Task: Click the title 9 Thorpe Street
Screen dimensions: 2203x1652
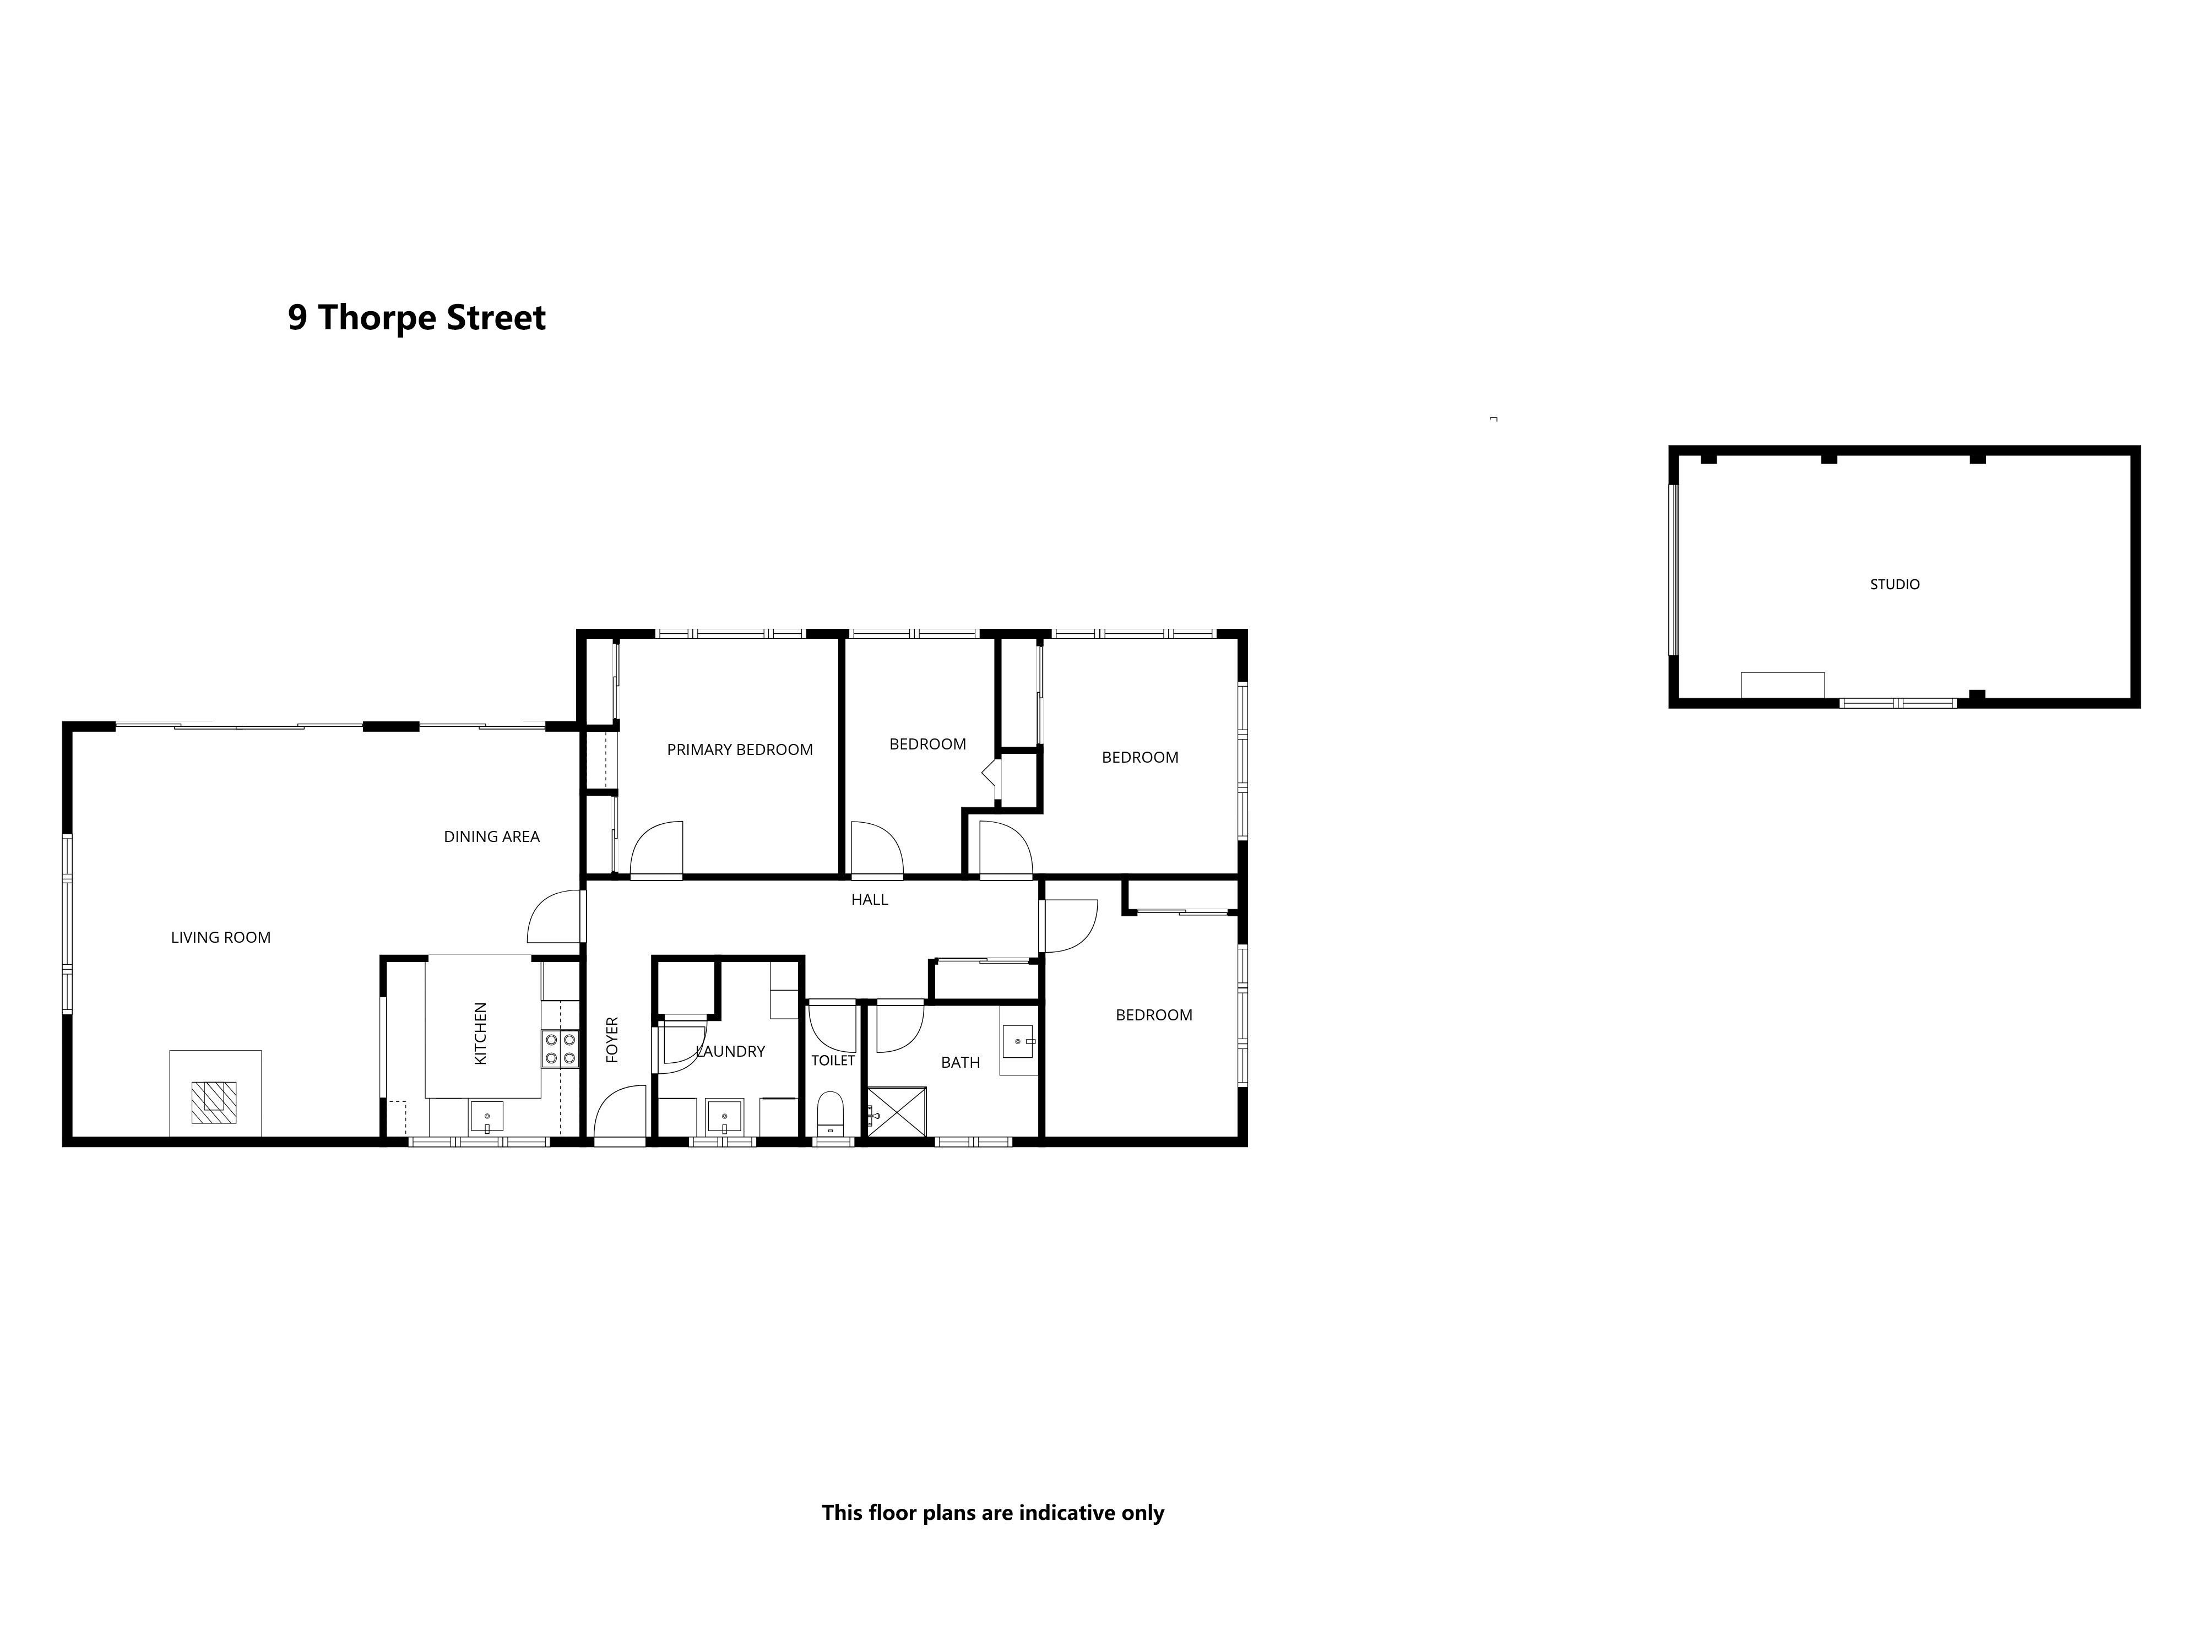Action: (x=416, y=318)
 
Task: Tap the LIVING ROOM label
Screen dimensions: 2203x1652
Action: (x=221, y=937)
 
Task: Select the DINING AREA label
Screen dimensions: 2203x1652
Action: (x=492, y=836)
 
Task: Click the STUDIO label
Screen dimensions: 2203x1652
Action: (x=1894, y=584)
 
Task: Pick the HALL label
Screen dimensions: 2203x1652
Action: (x=870, y=899)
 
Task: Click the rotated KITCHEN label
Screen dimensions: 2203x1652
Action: (x=481, y=1034)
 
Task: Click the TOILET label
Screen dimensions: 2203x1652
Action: (x=833, y=1061)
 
